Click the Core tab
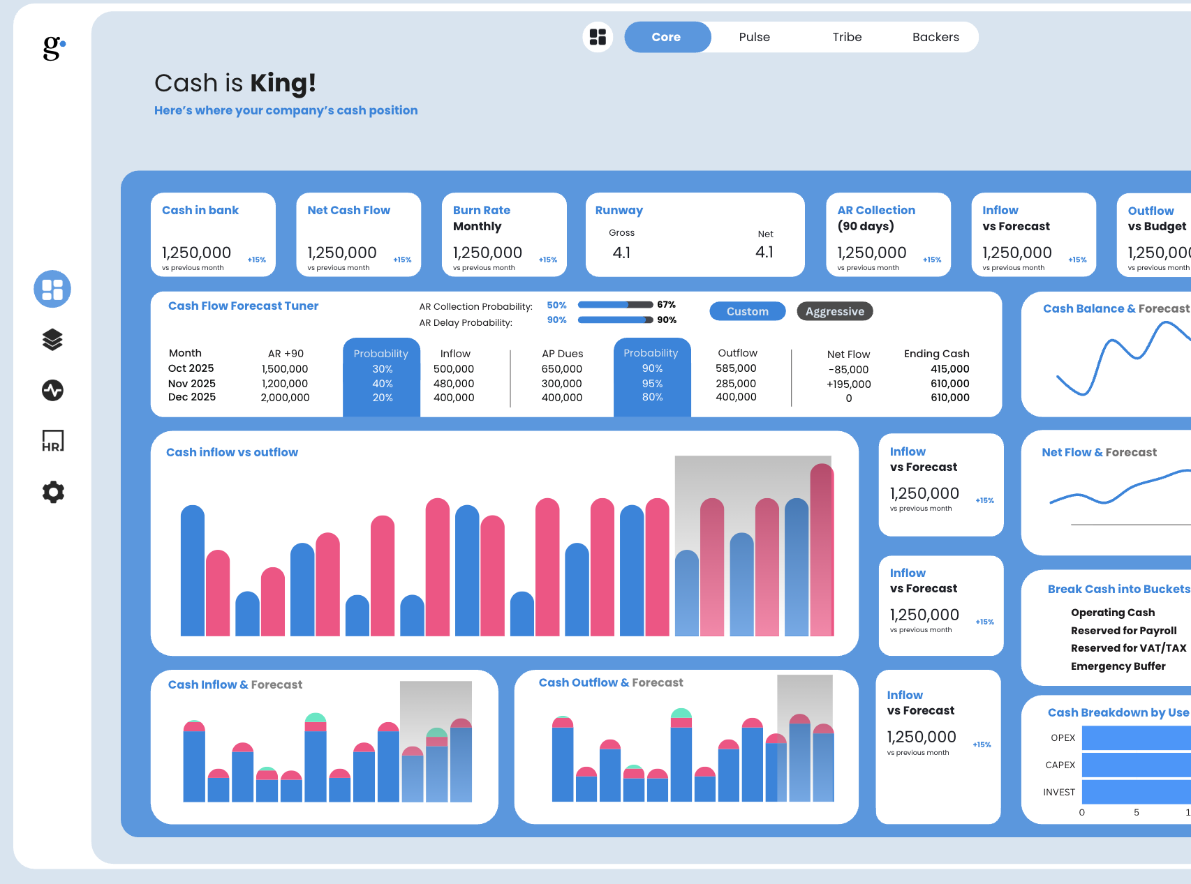click(667, 37)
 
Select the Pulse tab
click(754, 37)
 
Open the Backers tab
click(935, 37)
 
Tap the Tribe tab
click(847, 37)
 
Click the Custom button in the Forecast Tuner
click(747, 311)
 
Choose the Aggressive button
click(834, 311)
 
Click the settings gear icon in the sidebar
click(53, 492)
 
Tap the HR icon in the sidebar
click(53, 441)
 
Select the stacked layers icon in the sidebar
click(53, 340)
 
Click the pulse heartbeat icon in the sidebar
click(53, 390)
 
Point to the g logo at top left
click(54, 47)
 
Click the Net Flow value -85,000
click(848, 370)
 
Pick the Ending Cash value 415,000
click(949, 369)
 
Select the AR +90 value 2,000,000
click(285, 398)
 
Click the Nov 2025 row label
click(192, 384)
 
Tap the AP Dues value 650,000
click(561, 369)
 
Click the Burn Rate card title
click(482, 210)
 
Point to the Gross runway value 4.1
click(621, 253)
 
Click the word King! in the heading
click(283, 83)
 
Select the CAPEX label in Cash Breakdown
click(1060, 765)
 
